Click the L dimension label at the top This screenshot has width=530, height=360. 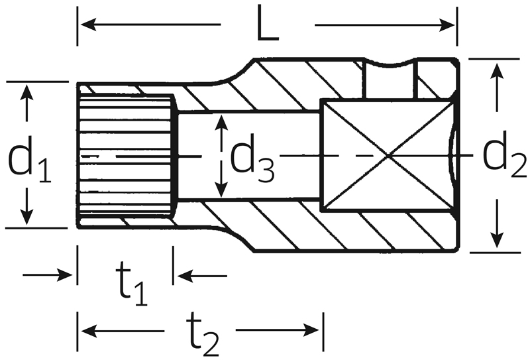[268, 23]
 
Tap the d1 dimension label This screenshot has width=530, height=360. [29, 159]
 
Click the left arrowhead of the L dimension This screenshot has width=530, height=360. [89, 25]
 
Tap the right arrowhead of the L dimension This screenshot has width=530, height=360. [447, 25]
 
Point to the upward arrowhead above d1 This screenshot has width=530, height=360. [26, 93]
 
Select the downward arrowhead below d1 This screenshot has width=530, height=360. [26, 217]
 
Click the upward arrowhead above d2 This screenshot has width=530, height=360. [496, 71]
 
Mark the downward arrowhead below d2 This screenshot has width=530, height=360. [496, 239]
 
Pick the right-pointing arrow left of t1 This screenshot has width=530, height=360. [47, 274]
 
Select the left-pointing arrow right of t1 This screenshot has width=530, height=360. [202, 276]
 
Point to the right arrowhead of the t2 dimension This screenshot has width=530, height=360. [311, 330]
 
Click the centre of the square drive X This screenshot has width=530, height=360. [389, 156]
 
